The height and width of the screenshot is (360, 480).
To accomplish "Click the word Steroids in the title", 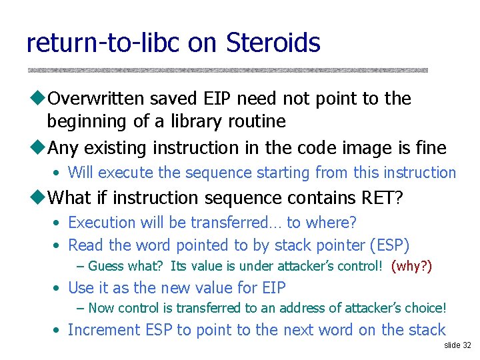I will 273,43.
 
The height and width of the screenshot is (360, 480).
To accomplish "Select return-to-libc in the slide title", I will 104,43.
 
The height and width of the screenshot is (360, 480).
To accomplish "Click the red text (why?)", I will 411,267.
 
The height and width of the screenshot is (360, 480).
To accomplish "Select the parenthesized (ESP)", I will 389,245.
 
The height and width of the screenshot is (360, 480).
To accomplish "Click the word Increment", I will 103,330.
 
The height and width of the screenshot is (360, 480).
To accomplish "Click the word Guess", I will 106,267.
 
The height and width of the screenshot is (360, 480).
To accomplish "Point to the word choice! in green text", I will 423,308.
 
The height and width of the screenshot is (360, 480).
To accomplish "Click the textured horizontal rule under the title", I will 227,70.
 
